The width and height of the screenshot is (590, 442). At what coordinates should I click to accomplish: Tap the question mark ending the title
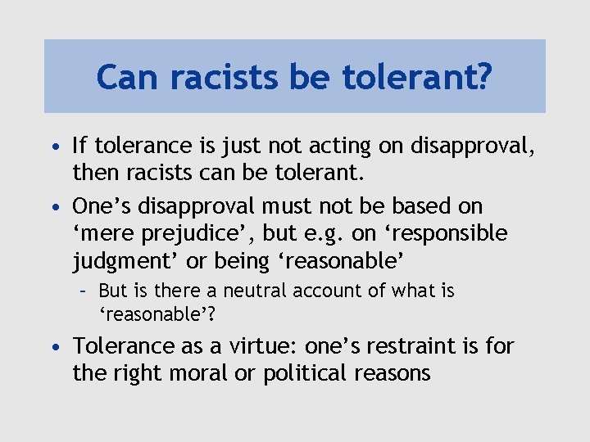[x=483, y=77]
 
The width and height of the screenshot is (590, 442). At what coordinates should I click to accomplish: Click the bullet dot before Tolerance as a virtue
[x=53, y=346]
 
